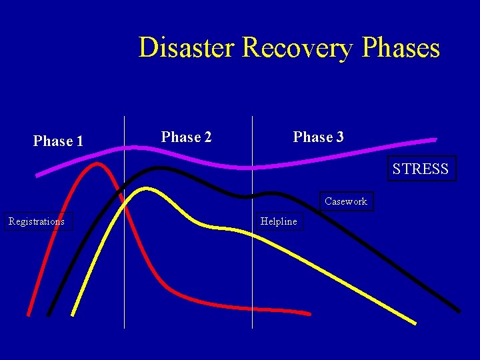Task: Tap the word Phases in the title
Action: (400, 48)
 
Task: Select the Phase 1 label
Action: (58, 141)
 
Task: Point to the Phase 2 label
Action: (187, 137)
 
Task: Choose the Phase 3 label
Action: (319, 137)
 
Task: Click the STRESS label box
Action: (421, 169)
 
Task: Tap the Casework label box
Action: (346, 201)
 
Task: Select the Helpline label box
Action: (279, 221)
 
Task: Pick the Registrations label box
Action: (37, 221)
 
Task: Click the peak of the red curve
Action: (97, 163)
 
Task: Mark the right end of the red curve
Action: (309, 313)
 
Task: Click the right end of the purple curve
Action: (435, 139)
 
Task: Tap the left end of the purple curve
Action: (37, 175)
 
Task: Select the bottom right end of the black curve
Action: (459, 311)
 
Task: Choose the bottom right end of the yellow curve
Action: (414, 323)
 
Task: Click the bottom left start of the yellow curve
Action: (73, 313)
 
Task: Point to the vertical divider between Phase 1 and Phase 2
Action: (125, 267)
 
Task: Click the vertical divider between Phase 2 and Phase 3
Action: (252, 280)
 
